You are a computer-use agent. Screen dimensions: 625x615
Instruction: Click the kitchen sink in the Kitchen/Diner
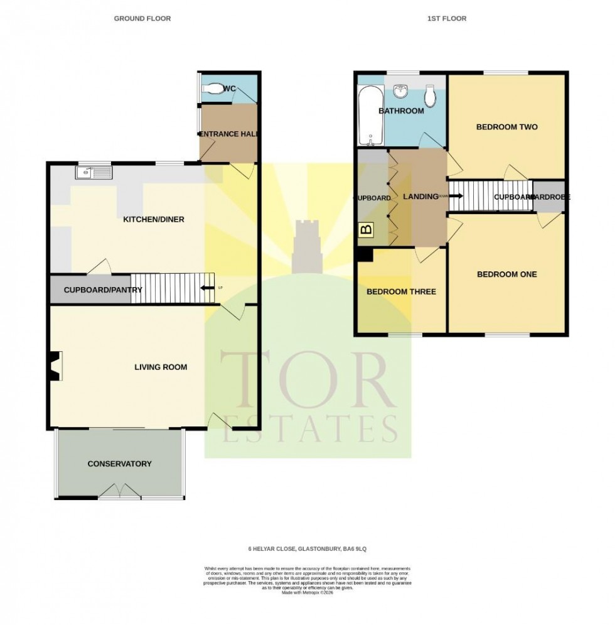pyautogui.click(x=92, y=171)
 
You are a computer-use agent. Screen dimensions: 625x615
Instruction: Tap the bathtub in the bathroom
pyautogui.click(x=366, y=116)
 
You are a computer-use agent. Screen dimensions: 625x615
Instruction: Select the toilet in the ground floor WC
pyautogui.click(x=213, y=89)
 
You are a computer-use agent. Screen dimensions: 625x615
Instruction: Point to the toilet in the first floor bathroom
pyautogui.click(x=430, y=95)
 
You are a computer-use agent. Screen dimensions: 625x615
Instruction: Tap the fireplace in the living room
pyautogui.click(x=55, y=366)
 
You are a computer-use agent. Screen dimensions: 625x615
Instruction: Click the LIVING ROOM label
pyautogui.click(x=161, y=367)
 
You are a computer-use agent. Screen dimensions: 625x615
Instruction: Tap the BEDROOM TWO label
pyautogui.click(x=507, y=127)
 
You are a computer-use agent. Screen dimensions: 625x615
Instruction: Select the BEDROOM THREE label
pyautogui.click(x=401, y=291)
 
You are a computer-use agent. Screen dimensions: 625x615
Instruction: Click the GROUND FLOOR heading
pyautogui.click(x=142, y=19)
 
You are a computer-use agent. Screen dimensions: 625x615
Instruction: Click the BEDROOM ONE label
pyautogui.click(x=507, y=274)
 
